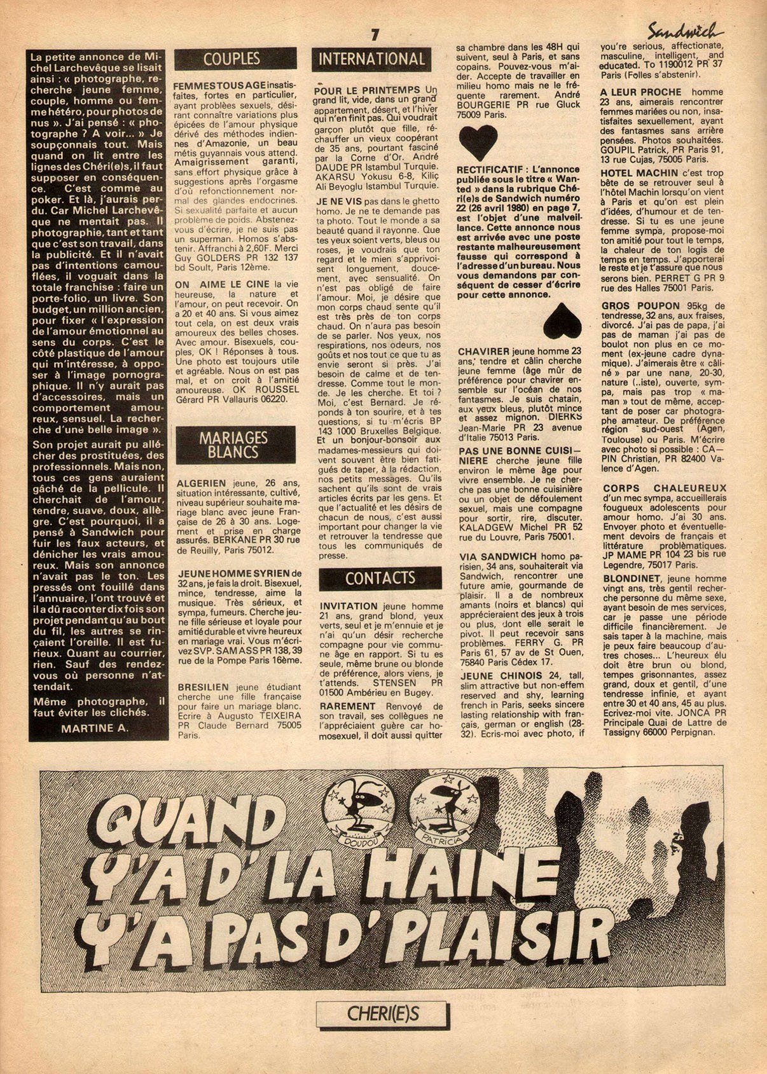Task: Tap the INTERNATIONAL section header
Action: click(371, 59)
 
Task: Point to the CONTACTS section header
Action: click(380, 578)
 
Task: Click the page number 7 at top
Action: click(375, 34)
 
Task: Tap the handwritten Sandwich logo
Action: click(684, 30)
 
